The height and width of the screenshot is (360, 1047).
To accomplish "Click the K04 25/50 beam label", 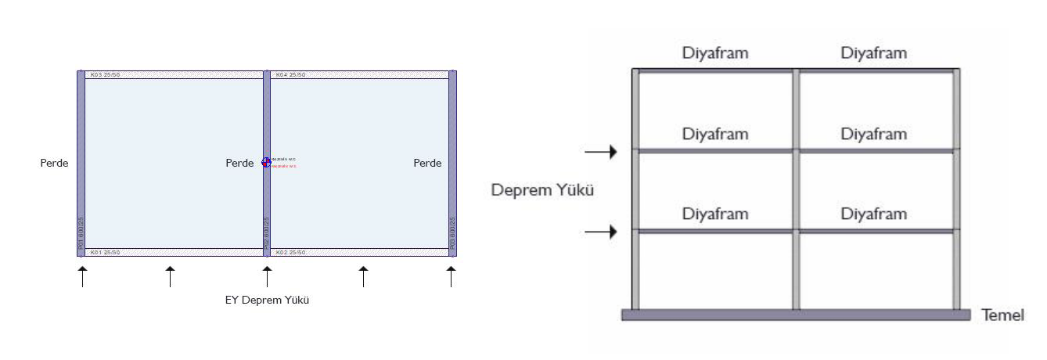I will coord(290,75).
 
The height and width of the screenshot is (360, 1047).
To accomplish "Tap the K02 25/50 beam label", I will coord(290,253).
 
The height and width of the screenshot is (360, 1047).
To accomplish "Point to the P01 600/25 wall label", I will coord(81,233).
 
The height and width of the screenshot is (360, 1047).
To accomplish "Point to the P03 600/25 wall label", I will coord(452,233).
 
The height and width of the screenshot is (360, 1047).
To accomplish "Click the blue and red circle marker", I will coord(266,162).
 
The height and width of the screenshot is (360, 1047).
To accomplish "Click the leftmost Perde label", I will coord(54,164).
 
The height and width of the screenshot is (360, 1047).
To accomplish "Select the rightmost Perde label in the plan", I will coord(427,164).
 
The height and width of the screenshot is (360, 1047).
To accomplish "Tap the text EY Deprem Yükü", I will coord(267,300).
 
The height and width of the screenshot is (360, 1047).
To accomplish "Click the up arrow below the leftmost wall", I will coord(81,276).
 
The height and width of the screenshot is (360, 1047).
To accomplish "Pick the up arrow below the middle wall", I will coord(267,276).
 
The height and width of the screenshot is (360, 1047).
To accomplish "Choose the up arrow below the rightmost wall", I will coord(451,276).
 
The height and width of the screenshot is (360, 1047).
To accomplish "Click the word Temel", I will coord(1004,315).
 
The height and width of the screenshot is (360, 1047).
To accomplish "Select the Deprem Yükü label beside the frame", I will coord(541,190).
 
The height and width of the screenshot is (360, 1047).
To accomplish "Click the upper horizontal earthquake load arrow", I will coord(601,151).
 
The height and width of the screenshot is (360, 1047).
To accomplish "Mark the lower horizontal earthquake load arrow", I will coord(601,232).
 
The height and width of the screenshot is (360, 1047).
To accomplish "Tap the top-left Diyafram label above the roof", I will coord(714,53).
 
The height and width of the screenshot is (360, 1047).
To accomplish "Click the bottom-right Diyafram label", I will coord(874,214).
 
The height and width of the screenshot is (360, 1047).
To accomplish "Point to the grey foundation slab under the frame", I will coord(795,315).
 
